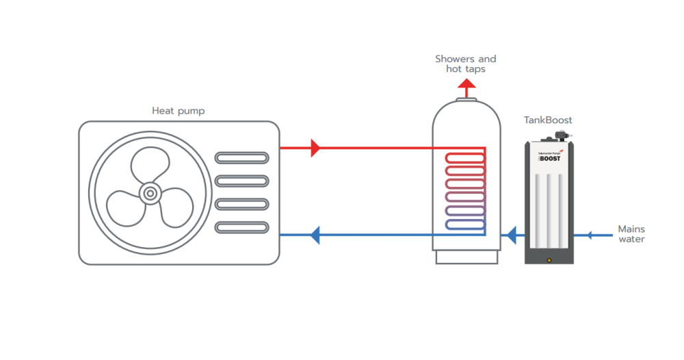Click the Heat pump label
178,110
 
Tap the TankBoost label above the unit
548,120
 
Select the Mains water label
631,234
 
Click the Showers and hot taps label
466,64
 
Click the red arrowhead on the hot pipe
315,147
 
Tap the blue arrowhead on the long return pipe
315,235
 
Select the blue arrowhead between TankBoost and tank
510,235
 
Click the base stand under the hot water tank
466,257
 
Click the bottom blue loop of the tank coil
465,224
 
